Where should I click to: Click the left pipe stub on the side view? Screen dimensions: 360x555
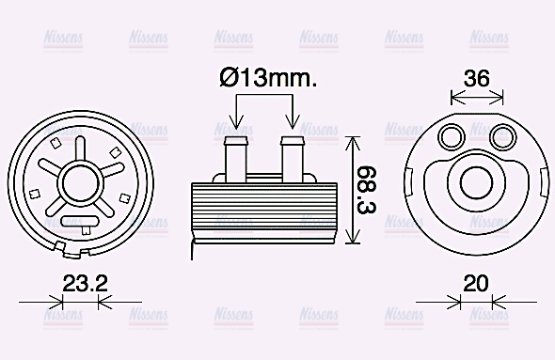[x=235, y=158]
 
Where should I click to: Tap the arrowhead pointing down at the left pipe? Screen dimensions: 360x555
[x=235, y=123]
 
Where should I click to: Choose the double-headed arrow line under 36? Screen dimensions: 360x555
[x=477, y=95]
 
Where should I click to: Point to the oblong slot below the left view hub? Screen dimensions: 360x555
[x=81, y=221]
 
